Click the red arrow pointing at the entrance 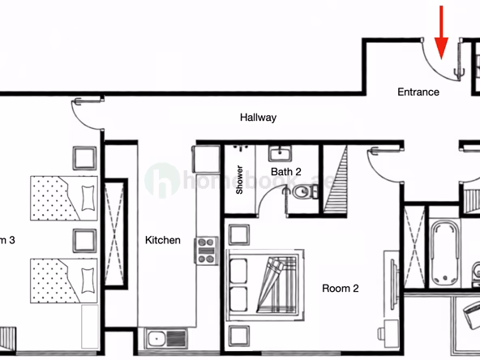tap(441, 31)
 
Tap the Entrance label tap(418, 92)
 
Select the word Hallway tap(258, 118)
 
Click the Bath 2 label tap(286, 172)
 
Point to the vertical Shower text tap(240, 180)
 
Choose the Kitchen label tap(163, 241)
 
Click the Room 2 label tap(341, 288)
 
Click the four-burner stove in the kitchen tap(206, 250)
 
